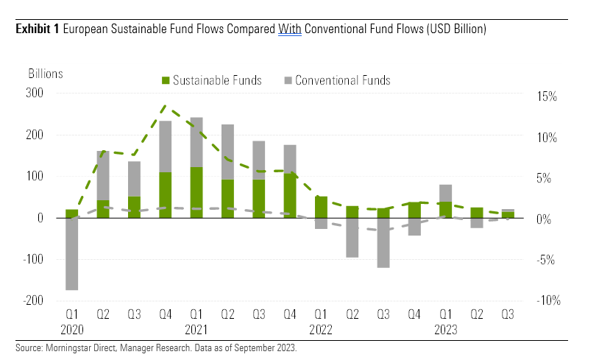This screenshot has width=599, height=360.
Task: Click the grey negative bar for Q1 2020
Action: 71,254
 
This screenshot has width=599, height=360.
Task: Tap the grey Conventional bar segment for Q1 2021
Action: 196,142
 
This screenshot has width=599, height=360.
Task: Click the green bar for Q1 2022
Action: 321,207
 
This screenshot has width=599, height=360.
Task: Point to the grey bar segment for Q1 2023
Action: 446,193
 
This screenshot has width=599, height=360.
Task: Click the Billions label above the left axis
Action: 46,73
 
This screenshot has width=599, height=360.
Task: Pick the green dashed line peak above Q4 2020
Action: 165,105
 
